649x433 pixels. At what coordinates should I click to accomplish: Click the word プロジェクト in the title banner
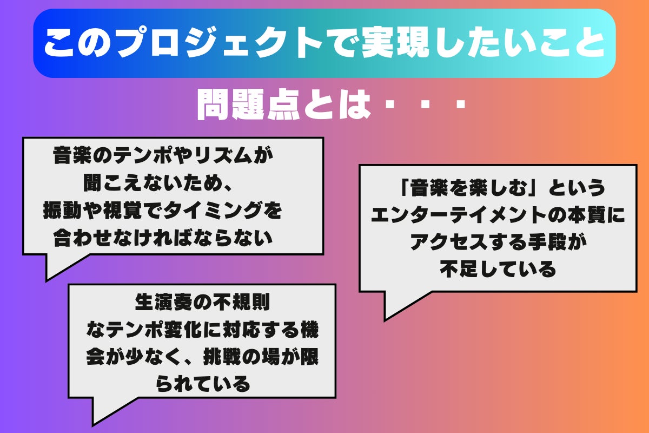coord(220,43)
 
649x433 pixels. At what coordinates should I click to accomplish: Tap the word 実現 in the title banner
coord(395,43)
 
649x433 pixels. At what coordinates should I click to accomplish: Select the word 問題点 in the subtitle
coord(248,104)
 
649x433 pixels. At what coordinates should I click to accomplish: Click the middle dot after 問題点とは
coord(425,104)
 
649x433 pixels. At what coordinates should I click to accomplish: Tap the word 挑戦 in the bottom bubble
coord(222,357)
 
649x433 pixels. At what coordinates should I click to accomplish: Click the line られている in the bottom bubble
coord(202,384)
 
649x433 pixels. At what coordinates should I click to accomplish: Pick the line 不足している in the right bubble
coord(498,268)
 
